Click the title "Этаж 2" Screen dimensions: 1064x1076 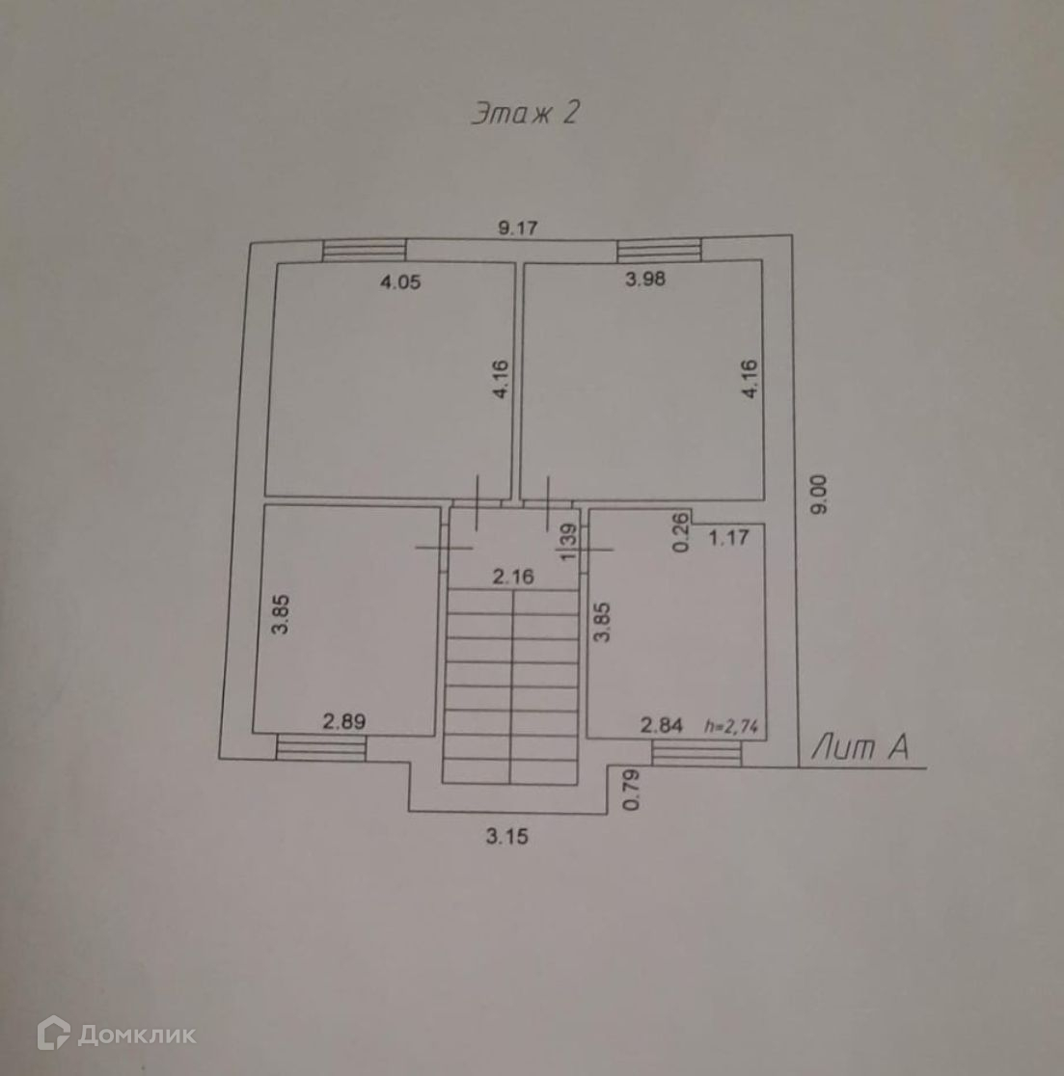[526, 114]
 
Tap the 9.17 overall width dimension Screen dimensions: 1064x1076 [517, 229]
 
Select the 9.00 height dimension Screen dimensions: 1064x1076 [820, 496]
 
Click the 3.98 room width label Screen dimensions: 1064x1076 [645, 280]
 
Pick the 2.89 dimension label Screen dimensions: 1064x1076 [343, 721]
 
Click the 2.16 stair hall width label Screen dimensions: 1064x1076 [513, 578]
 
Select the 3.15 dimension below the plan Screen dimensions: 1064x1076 [506, 837]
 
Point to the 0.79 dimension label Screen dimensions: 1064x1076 [632, 790]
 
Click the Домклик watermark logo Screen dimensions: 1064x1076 [117, 1035]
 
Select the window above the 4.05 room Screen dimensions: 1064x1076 [364, 250]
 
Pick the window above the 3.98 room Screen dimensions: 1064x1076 [659, 249]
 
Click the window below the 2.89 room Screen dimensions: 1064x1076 [321, 745]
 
